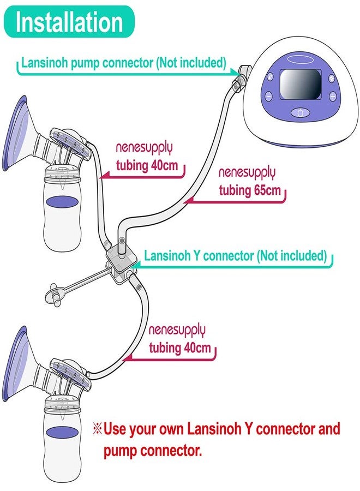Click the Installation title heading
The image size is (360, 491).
click(x=70, y=22)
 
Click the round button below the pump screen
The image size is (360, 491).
click(x=299, y=113)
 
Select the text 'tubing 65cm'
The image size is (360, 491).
click(x=250, y=190)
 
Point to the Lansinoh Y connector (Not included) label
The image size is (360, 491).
click(x=235, y=255)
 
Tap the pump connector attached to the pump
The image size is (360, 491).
click(x=241, y=76)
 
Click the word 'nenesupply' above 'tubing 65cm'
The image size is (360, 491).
click(x=247, y=173)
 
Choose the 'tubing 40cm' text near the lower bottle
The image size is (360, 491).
click(x=180, y=348)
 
